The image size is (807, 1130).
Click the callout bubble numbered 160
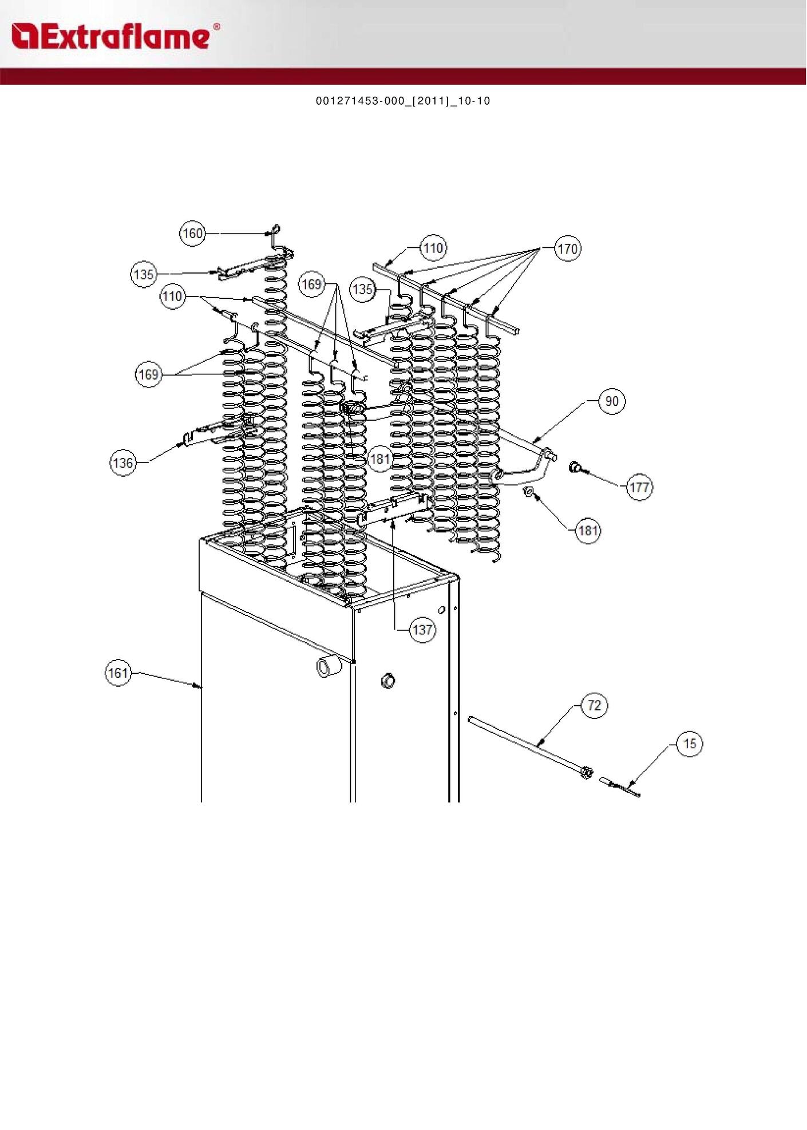click(192, 234)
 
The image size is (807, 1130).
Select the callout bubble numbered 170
click(567, 249)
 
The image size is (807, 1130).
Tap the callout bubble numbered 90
click(612, 401)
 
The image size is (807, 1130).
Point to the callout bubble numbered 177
click(639, 488)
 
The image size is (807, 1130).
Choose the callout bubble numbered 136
click(123, 463)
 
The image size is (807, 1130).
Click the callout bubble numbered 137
click(422, 630)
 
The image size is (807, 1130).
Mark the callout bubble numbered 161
click(118, 673)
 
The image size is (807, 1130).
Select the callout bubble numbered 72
click(594, 705)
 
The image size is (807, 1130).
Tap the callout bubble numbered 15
click(690, 744)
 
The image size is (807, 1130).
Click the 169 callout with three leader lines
click(311, 284)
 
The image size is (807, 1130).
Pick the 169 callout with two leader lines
click(148, 375)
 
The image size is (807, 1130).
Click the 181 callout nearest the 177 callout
click(588, 531)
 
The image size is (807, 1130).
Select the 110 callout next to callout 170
click(433, 248)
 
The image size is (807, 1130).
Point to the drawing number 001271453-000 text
click(403, 101)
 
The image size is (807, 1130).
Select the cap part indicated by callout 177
click(575, 468)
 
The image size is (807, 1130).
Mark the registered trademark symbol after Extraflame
click(216, 26)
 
